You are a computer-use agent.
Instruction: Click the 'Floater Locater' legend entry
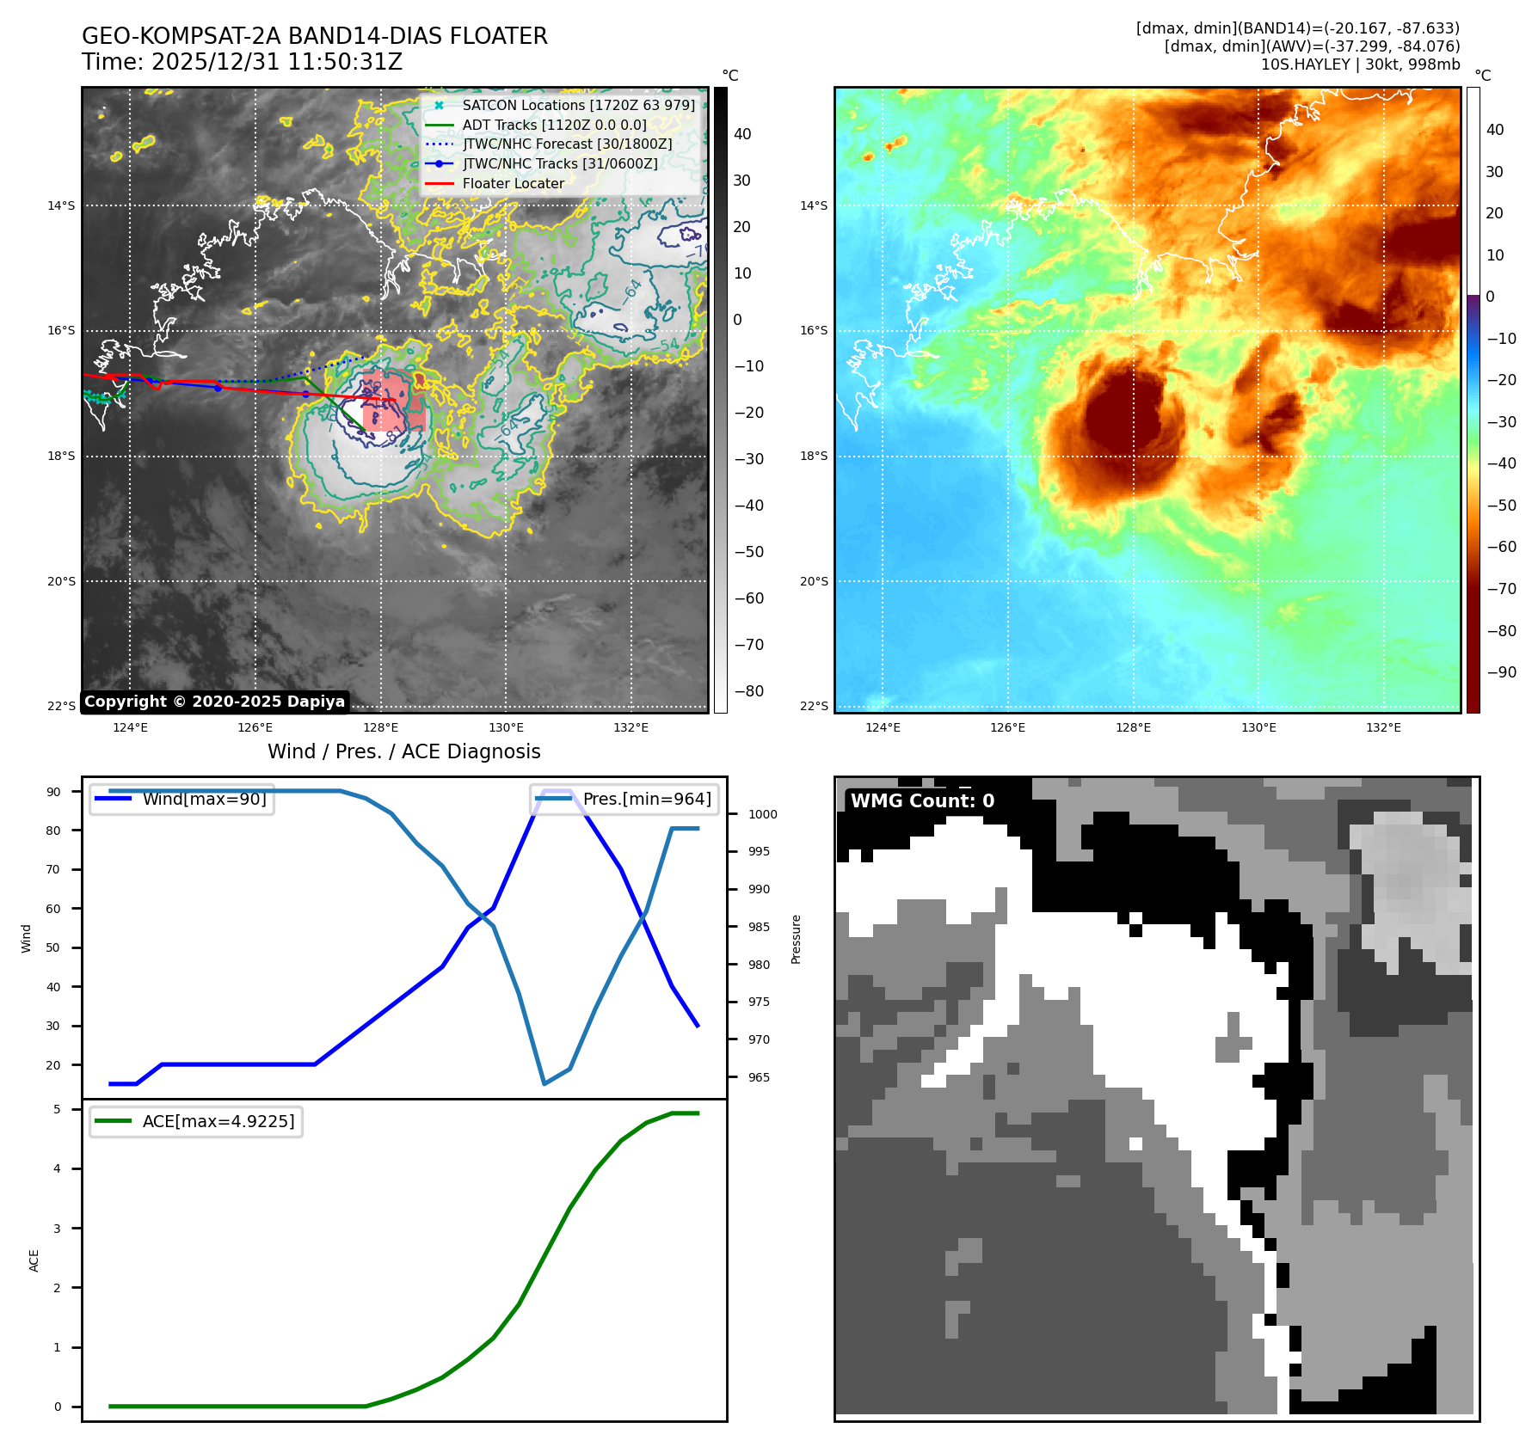[513, 183]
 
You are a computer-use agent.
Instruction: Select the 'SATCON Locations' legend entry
[578, 105]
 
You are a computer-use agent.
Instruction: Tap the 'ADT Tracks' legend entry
[554, 125]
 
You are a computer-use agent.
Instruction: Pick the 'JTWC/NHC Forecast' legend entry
[567, 144]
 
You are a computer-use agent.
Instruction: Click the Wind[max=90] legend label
[204, 799]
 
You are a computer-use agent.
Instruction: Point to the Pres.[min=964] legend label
[647, 799]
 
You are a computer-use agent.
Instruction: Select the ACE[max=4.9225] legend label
[218, 1121]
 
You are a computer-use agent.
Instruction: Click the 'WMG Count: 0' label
[922, 800]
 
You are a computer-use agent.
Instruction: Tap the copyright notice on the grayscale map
[214, 702]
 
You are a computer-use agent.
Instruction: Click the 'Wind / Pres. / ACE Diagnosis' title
[403, 751]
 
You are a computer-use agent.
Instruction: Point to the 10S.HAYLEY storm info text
[1360, 64]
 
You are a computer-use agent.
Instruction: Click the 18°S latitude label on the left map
[61, 456]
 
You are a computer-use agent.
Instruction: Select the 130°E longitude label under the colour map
[1258, 727]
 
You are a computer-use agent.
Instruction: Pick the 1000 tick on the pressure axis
[762, 814]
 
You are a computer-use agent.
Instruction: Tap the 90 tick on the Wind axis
[54, 792]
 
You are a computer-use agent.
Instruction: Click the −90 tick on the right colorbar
[1502, 672]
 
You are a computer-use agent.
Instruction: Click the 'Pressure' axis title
[796, 939]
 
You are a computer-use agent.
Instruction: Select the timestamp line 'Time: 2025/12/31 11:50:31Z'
[242, 62]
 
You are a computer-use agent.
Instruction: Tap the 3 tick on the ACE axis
[58, 1229]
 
